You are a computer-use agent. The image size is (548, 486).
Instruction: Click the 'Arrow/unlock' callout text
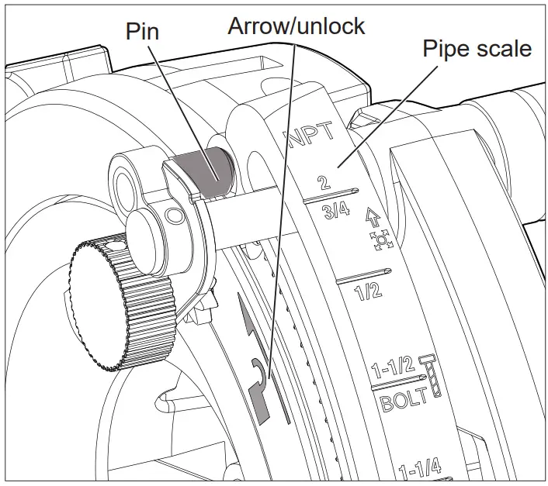pyautogui.click(x=296, y=26)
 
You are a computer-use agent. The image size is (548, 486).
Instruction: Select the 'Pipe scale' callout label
pyautogui.click(x=477, y=48)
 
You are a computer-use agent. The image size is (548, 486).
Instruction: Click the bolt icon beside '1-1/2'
pyautogui.click(x=431, y=377)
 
